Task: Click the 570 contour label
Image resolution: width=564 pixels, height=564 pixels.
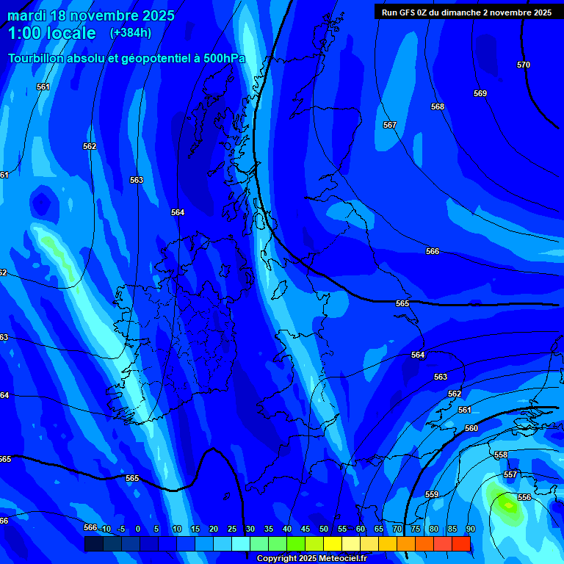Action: point(523,65)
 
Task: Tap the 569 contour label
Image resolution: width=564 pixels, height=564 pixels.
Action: point(480,93)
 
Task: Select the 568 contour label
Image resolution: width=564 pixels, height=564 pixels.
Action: point(438,106)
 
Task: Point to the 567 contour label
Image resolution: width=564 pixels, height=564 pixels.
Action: point(389,126)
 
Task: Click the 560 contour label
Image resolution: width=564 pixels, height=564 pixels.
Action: point(471,428)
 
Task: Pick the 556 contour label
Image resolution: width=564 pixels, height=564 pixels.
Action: point(524,497)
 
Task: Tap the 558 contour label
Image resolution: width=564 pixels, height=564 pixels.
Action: point(501,455)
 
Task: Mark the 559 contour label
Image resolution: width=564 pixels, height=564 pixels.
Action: point(432,494)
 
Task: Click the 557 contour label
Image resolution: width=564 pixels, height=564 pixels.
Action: point(510,475)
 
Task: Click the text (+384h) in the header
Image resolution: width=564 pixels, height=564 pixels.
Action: point(131,33)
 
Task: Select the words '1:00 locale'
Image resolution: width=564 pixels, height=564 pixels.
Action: point(51,33)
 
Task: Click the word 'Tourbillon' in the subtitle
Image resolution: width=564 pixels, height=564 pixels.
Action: point(37,59)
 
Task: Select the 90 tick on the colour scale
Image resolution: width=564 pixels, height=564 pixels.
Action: point(470,529)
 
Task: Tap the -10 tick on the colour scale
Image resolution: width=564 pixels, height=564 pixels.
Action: point(105,529)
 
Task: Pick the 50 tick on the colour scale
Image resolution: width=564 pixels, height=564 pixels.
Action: point(323,529)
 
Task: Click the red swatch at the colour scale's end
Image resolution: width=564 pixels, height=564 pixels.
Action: point(461,543)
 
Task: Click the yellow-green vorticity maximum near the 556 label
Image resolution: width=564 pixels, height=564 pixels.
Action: point(507,505)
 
